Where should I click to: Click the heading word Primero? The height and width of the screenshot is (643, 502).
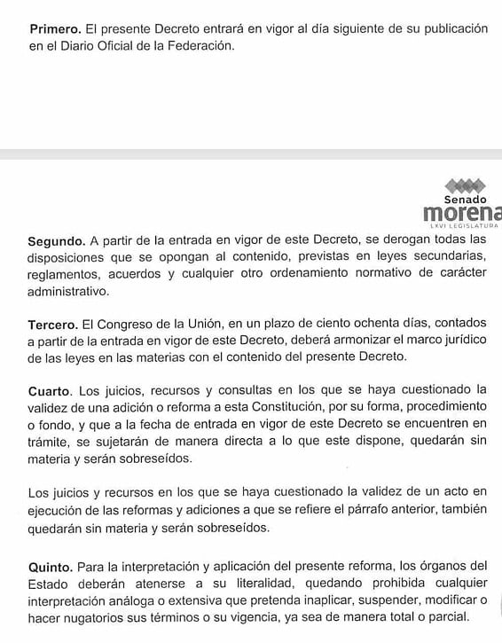tap(55, 29)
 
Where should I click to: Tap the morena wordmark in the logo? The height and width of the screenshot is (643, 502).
tap(462, 215)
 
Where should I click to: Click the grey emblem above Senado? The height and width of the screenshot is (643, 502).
tap(465, 185)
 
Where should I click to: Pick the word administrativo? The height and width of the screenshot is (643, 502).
tap(70, 291)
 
